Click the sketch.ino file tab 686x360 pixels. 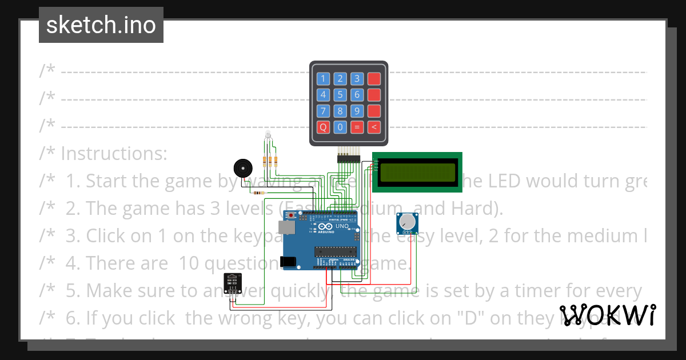point(101,25)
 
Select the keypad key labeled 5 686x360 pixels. point(340,95)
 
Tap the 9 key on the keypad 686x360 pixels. point(357,111)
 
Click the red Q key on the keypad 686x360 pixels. point(324,127)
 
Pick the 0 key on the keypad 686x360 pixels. point(340,127)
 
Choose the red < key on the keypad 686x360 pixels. point(374,127)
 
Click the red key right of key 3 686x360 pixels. point(374,79)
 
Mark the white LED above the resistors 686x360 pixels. point(268,135)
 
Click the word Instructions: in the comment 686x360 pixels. point(114,154)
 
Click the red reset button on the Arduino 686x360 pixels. point(291,215)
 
